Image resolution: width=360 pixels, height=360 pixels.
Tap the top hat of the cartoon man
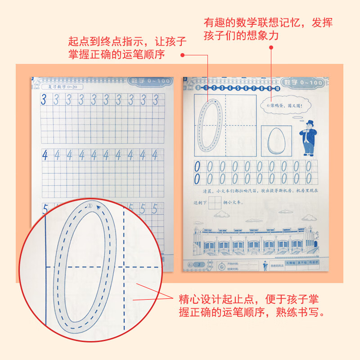pos(310,123)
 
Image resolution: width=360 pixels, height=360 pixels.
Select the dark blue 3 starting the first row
pos(44,100)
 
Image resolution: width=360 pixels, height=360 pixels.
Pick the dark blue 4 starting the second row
pos(45,155)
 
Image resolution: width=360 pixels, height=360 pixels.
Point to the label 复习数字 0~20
pos(58,87)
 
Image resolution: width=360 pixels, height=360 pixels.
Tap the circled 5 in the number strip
pos(237,88)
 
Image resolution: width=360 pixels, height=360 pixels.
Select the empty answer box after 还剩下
pos(216,203)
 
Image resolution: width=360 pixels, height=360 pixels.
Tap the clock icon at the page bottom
pos(221,266)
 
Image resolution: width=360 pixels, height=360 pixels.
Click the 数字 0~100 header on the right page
pos(304,82)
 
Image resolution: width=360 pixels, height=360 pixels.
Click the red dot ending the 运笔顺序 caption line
pos(183,55)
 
